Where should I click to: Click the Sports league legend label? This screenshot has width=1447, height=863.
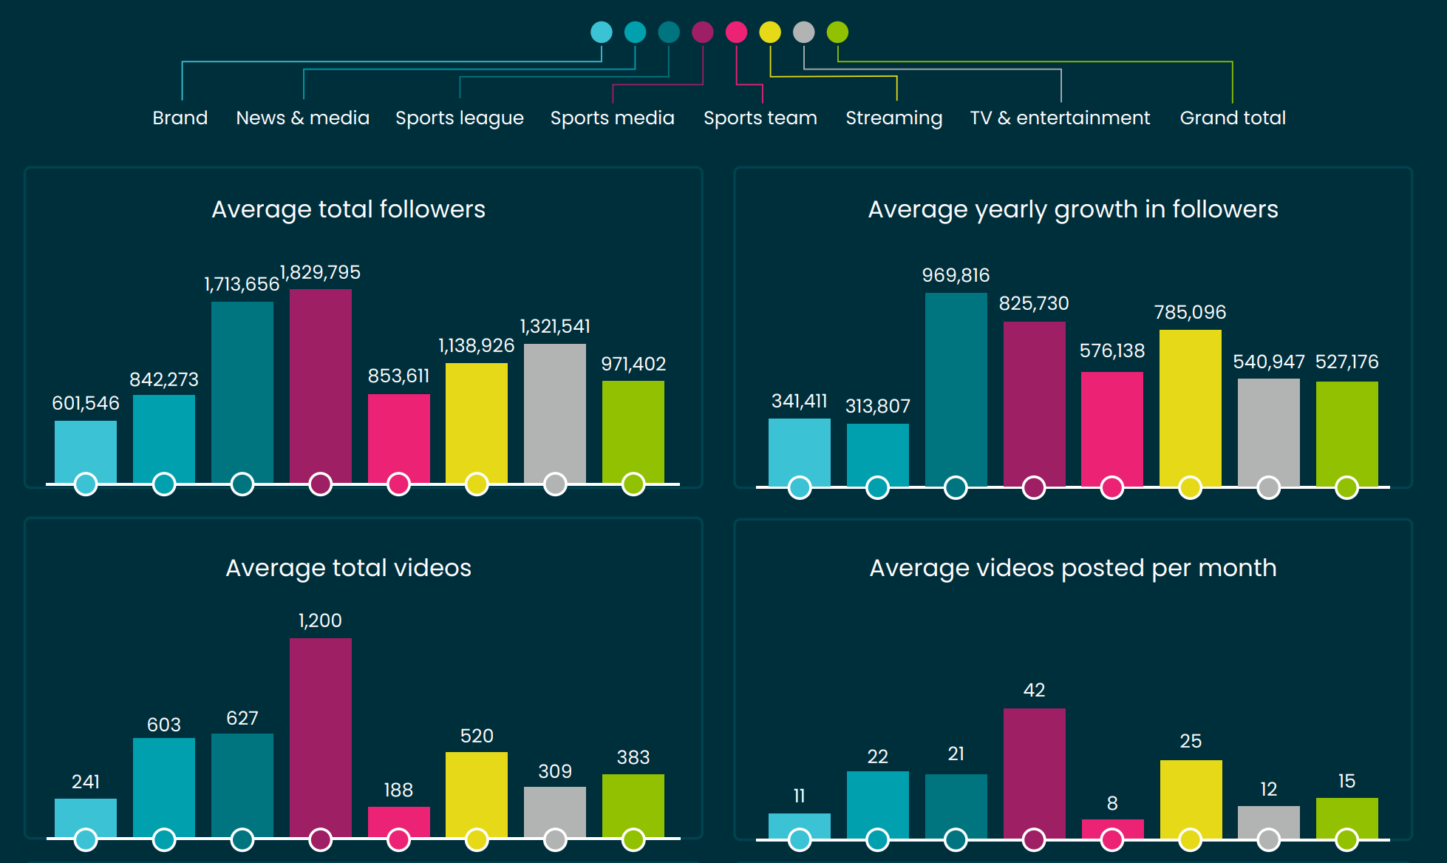pyautogui.click(x=459, y=118)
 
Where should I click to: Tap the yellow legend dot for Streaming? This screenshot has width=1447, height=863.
pyautogui.click(x=770, y=33)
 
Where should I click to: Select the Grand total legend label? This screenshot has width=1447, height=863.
pyautogui.click(x=1233, y=118)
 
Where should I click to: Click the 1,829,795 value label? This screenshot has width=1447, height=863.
pyautogui.click(x=321, y=273)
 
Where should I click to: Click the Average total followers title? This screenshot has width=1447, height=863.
pyautogui.click(x=348, y=209)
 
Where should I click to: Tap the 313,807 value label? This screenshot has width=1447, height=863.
pyautogui.click(x=877, y=406)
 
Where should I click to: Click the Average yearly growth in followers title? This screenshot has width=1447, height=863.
pyautogui.click(x=1072, y=209)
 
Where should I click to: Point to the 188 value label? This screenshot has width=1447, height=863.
pyautogui.click(x=398, y=791)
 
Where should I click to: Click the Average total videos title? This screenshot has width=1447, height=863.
pyautogui.click(x=348, y=568)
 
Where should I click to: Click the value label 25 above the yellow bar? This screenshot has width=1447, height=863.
pyautogui.click(x=1190, y=741)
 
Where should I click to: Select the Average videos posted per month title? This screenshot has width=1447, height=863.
pyautogui.click(x=1072, y=568)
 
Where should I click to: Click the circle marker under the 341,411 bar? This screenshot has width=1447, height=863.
pyautogui.click(x=800, y=488)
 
